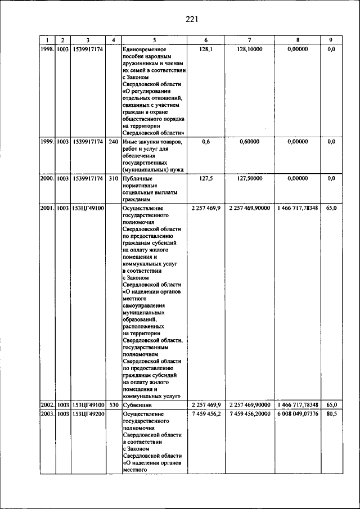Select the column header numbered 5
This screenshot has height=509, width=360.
pyautogui.click(x=154, y=40)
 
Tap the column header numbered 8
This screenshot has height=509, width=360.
pyautogui.click(x=298, y=40)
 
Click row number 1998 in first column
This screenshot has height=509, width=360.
pyautogui.click(x=47, y=49)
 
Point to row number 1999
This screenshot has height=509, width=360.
pyautogui.click(x=47, y=142)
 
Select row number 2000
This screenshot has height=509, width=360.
pyautogui.click(x=47, y=178)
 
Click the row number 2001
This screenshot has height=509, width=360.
pyautogui.click(x=47, y=208)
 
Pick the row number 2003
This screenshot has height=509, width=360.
pyautogui.click(x=47, y=413)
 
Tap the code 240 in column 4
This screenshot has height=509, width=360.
pyautogui.click(x=113, y=142)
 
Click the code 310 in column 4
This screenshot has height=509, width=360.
pyautogui.click(x=113, y=178)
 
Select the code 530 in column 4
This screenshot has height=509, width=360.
pyautogui.click(x=113, y=404)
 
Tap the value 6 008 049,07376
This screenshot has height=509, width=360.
pyautogui.click(x=298, y=413)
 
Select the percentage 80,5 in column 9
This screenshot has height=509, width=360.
pyautogui.click(x=331, y=413)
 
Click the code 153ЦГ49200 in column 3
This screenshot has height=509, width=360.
pyautogui.click(x=87, y=413)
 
